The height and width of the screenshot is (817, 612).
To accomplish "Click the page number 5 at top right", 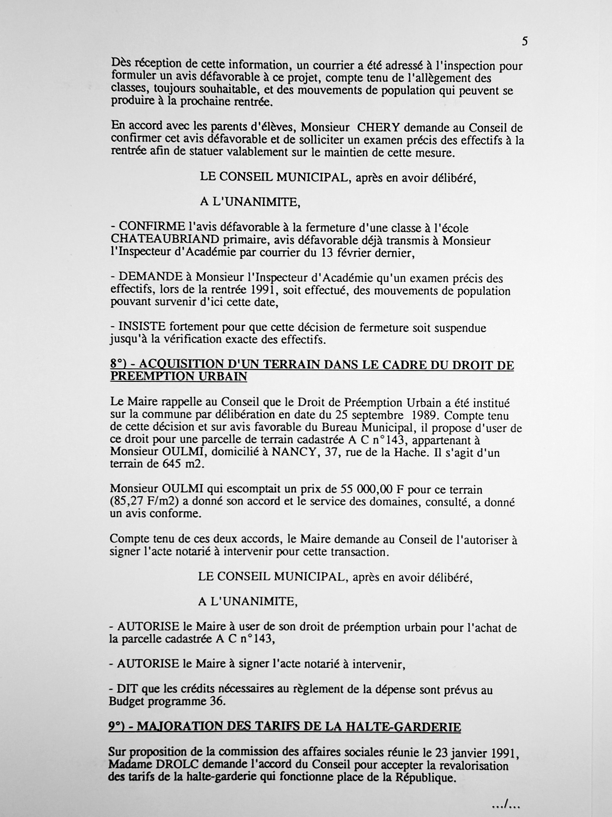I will click(525, 42).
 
